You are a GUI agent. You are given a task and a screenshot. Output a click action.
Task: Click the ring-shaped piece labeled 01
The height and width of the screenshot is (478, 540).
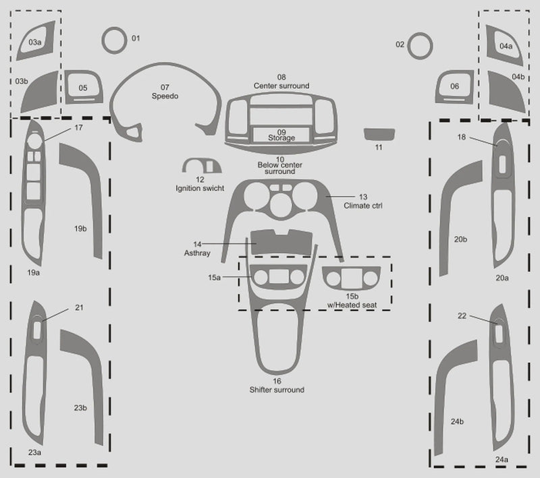(103, 40)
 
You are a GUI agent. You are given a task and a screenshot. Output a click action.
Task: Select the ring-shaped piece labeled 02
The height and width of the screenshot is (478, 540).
(409, 46)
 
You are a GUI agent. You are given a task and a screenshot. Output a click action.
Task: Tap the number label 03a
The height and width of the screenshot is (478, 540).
(35, 42)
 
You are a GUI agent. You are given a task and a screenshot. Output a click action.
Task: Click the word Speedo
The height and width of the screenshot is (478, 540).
(165, 96)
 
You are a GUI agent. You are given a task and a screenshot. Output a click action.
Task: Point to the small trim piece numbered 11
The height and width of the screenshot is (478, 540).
(379, 134)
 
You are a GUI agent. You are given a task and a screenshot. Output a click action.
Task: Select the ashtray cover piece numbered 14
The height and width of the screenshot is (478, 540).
(281, 243)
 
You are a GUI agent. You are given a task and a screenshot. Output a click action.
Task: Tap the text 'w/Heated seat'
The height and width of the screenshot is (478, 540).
(352, 305)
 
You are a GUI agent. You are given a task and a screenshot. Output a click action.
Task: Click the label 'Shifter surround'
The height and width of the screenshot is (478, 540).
(277, 390)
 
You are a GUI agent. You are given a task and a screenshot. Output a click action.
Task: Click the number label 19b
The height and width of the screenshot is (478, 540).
(80, 229)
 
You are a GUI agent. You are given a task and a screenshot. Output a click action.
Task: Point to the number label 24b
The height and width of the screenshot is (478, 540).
(457, 421)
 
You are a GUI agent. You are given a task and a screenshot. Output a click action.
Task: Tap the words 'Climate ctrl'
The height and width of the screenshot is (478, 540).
(363, 206)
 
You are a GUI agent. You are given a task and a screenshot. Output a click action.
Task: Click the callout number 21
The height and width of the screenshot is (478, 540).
(79, 307)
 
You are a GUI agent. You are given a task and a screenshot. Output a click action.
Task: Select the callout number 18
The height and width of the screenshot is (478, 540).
(462, 138)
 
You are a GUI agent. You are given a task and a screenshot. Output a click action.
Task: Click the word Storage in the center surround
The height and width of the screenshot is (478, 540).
(281, 138)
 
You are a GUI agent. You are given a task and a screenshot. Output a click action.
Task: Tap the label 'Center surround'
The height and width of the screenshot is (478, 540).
(281, 86)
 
